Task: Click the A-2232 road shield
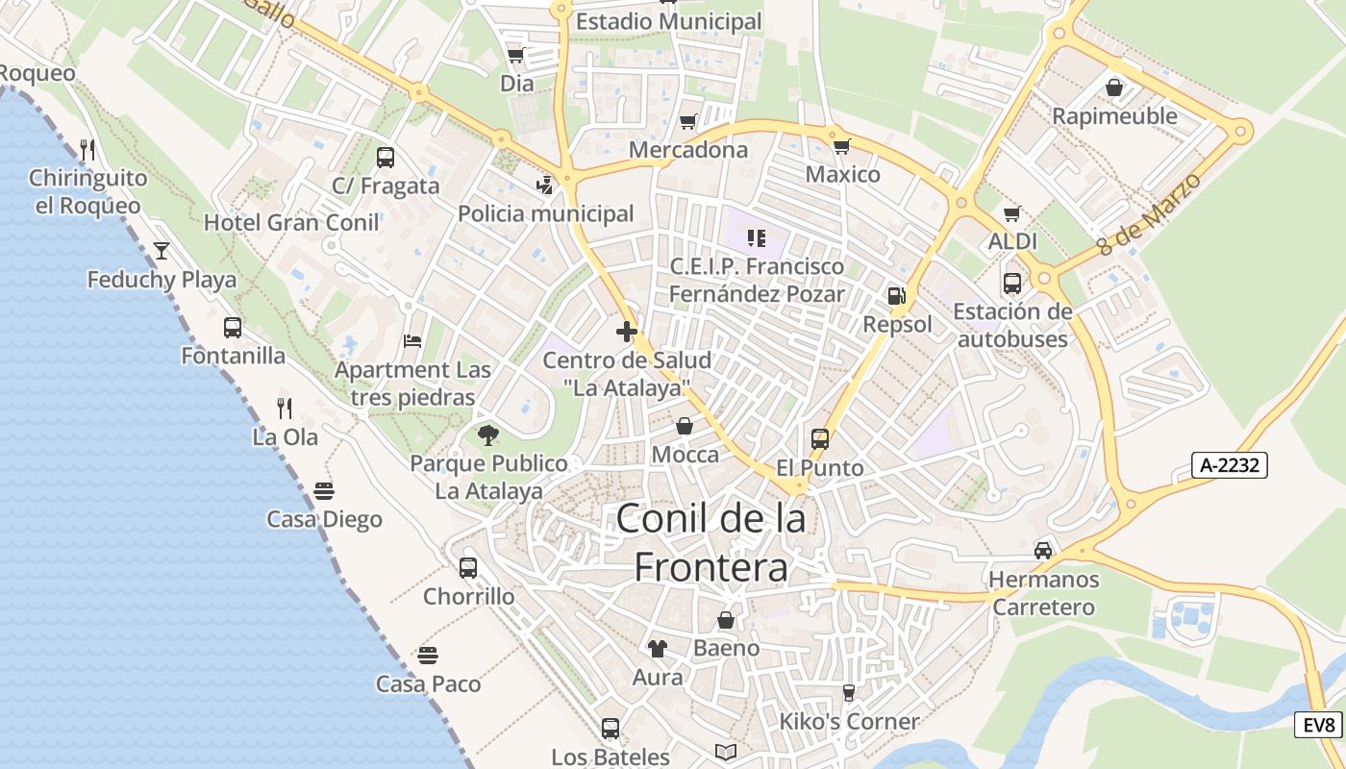1230,465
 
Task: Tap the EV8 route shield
1320,725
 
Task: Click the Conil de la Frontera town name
711,543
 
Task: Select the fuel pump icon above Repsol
896,296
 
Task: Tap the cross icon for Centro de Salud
627,332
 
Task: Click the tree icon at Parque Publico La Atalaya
488,434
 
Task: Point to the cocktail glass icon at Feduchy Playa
162,251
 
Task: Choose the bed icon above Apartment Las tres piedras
412,341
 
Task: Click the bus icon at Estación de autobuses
1012,284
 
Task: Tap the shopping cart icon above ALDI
1011,213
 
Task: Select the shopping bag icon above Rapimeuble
1114,87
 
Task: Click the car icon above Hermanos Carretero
1043,550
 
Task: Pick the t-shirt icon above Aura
658,649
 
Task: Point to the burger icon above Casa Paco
428,656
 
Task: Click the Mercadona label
688,150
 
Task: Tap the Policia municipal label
546,213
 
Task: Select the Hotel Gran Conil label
291,222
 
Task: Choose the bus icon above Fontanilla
233,327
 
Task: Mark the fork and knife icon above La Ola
285,409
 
